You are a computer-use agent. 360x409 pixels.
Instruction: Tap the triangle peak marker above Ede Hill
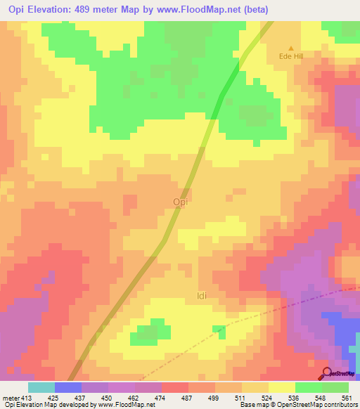291,48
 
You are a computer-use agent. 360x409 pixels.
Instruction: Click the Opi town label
180,202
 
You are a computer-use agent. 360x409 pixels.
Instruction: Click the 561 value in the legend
346,397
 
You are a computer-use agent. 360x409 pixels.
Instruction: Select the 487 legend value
186,397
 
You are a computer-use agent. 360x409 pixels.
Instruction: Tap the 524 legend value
266,397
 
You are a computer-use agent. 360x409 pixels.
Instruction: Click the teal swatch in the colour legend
41,387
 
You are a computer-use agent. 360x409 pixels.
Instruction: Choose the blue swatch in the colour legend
68,387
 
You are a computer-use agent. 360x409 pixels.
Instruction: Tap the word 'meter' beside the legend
8,397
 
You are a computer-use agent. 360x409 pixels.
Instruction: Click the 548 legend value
319,397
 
